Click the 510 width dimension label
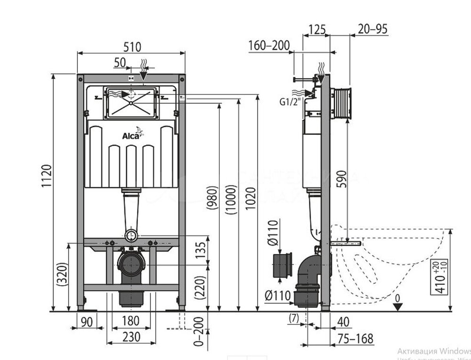132,46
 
